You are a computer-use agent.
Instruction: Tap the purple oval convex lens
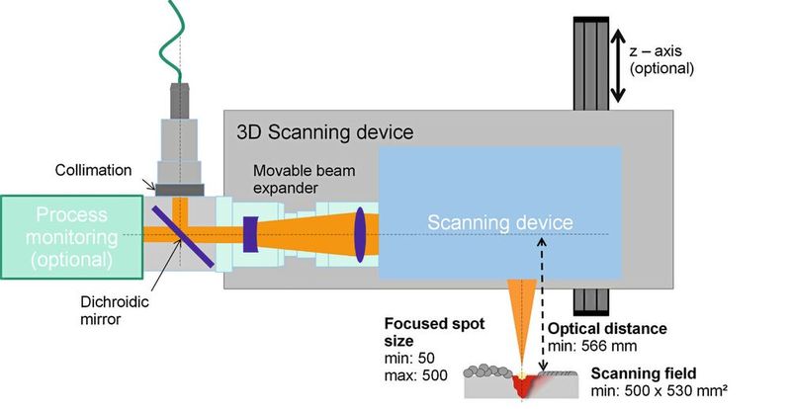pos(360,233)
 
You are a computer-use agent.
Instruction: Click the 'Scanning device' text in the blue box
pos(499,222)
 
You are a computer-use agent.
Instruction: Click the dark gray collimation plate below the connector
pos(179,188)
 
